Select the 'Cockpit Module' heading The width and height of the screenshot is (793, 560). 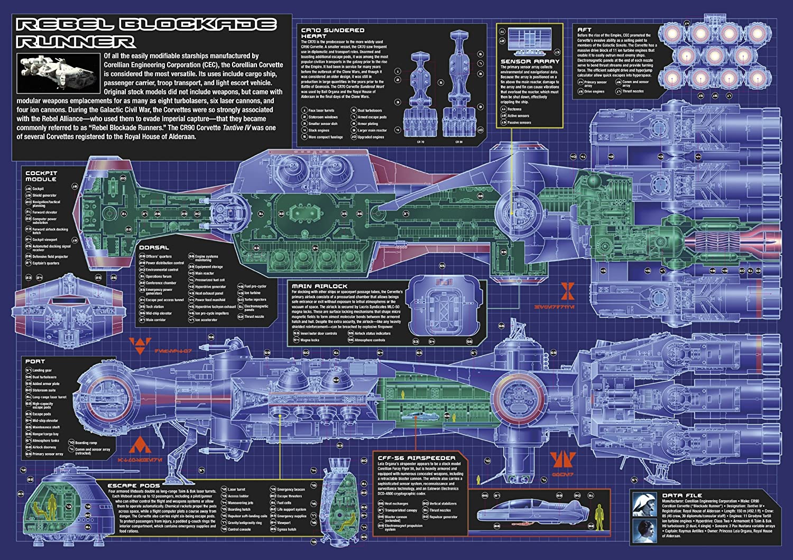click(41, 176)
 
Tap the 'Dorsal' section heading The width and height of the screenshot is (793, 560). click(154, 247)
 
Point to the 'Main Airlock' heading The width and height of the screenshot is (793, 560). click(319, 286)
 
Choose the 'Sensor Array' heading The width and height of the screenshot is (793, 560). click(530, 61)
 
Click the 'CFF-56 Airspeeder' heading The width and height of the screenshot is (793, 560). click(417, 458)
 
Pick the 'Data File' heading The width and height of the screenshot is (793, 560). click(682, 495)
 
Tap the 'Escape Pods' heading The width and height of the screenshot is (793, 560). click(134, 485)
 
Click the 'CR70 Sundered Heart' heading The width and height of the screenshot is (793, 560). click(333, 33)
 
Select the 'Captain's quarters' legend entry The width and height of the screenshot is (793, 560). click(46, 263)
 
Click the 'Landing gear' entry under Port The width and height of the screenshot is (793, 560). click(42, 370)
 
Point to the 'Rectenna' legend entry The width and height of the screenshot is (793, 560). click(514, 109)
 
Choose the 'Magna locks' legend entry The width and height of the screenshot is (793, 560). click(310, 340)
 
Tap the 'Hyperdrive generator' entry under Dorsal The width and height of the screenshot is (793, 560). click(210, 287)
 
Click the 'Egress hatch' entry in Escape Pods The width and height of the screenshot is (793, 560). click(287, 529)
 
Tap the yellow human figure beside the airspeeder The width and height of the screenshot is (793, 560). click(599, 513)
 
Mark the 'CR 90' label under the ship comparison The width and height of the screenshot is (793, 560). click(458, 142)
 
